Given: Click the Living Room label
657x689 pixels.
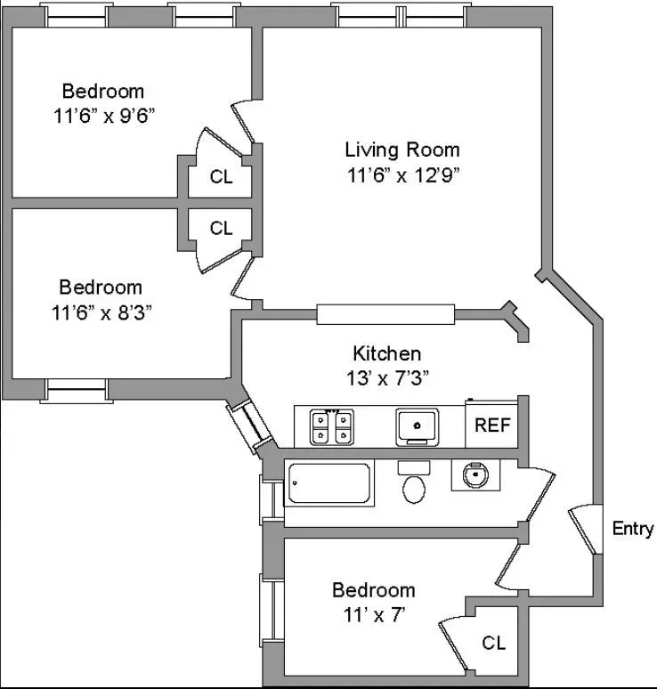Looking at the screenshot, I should click(402, 150).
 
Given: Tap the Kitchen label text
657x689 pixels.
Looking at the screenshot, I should click(386, 353).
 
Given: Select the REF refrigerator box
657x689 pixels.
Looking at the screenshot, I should click(491, 426).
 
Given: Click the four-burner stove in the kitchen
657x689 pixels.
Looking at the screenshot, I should click(328, 426).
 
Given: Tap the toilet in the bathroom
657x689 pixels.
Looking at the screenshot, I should click(413, 484).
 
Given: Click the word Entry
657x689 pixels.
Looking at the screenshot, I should click(633, 529).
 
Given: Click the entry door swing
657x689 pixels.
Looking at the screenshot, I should click(585, 530).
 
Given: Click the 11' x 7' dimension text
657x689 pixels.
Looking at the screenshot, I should click(373, 613).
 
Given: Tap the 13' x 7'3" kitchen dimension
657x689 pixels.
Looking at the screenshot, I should click(386, 377).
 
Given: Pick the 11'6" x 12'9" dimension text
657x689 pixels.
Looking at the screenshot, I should click(402, 174).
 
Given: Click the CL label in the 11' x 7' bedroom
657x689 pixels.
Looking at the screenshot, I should click(494, 643).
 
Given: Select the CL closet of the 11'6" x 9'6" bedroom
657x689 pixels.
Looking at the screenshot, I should click(221, 177).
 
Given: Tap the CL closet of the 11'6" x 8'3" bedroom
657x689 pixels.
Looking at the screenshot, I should click(221, 229).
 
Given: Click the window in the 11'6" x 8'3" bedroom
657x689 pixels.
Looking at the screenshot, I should click(77, 390).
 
